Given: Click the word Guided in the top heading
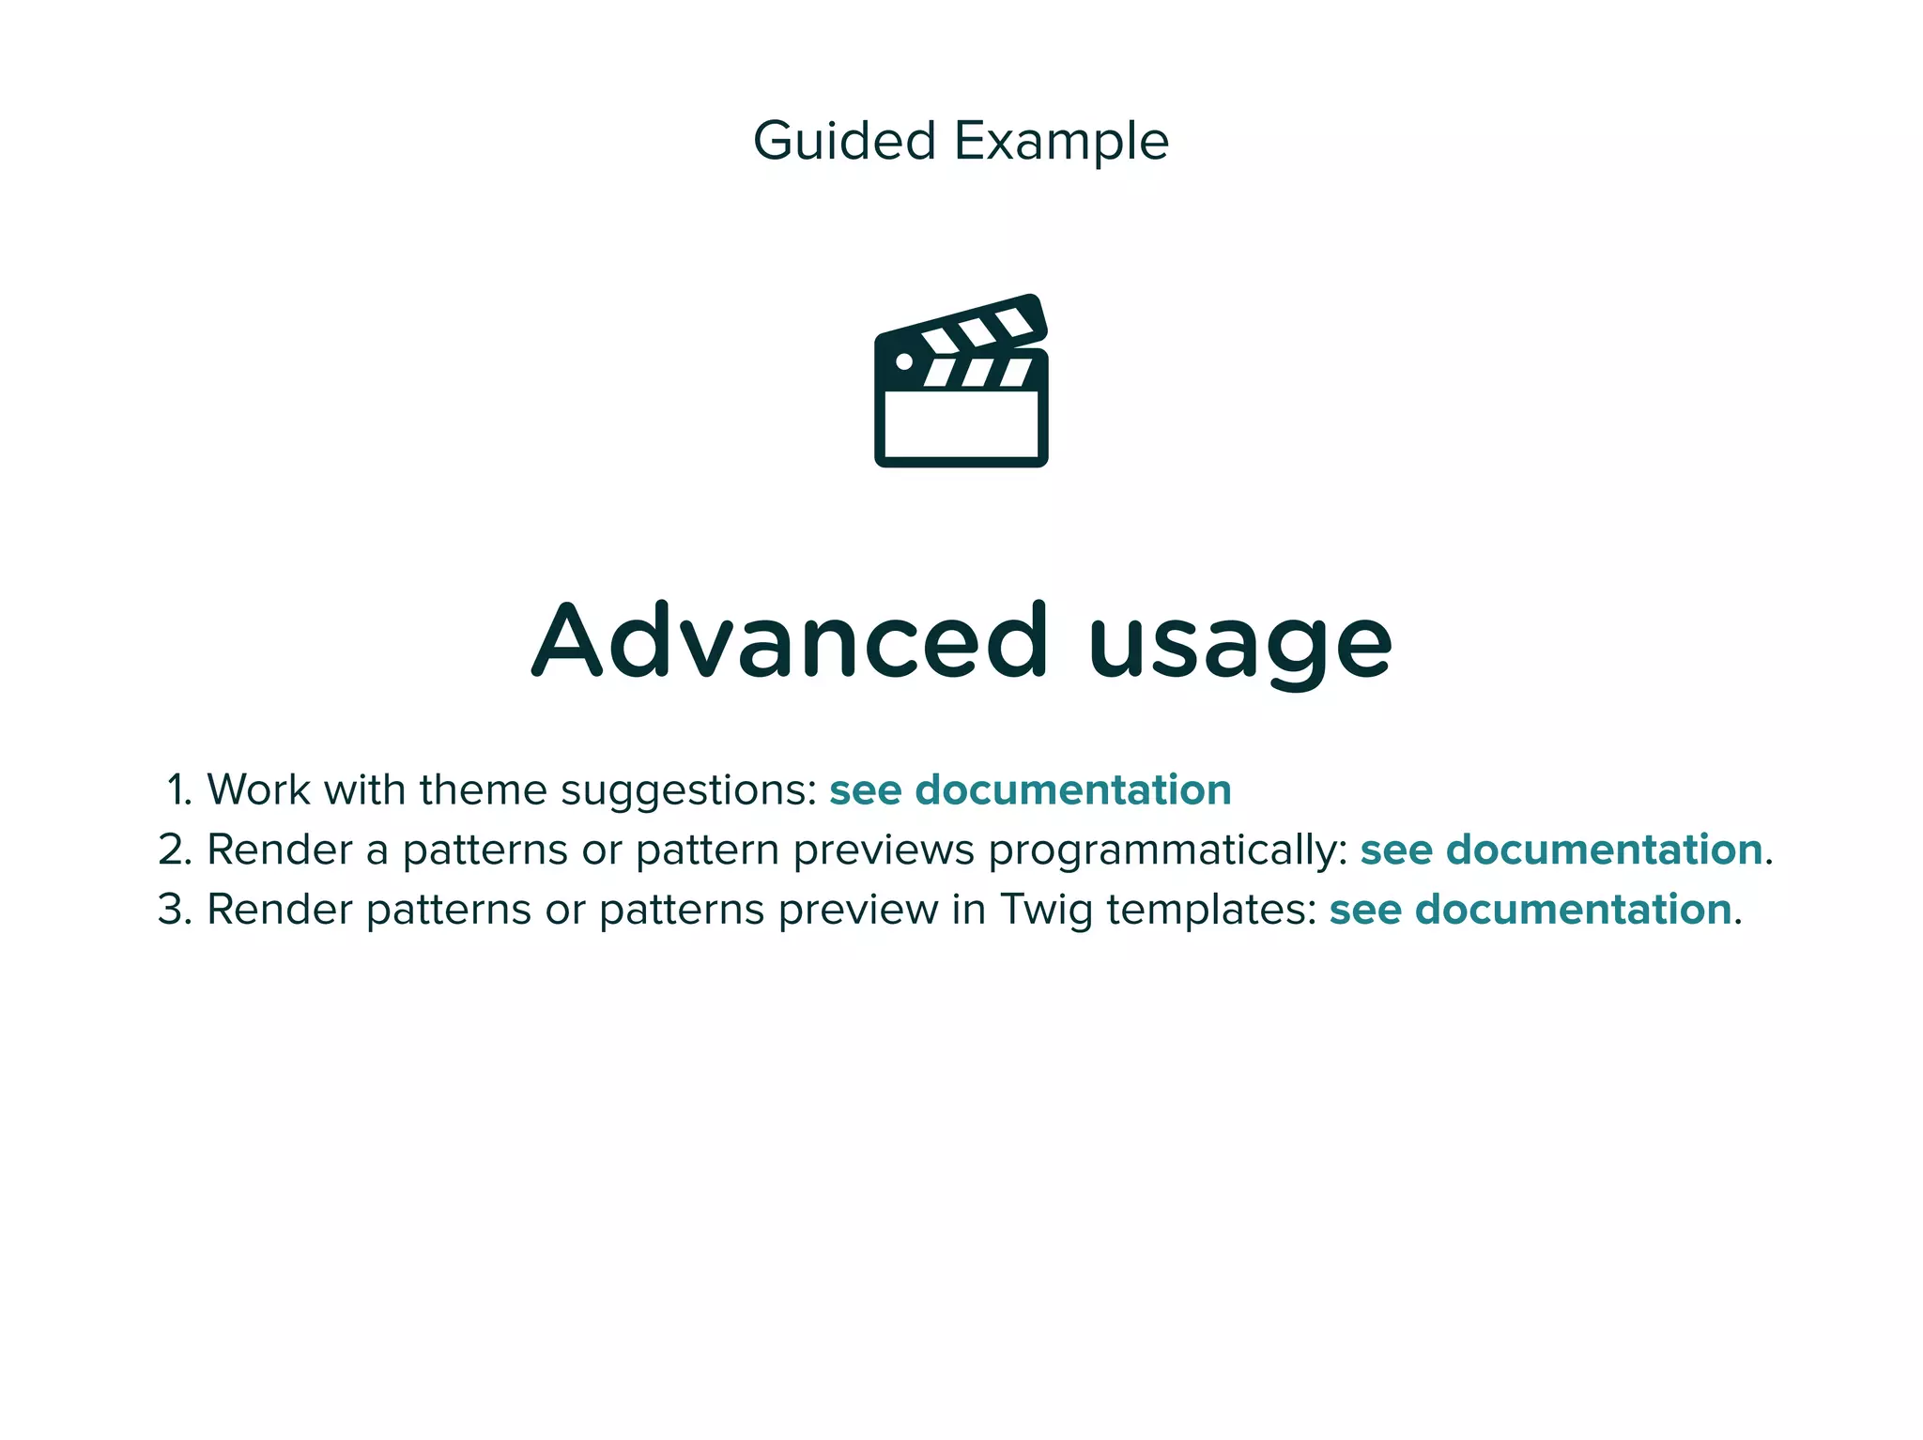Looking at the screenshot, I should (844, 141).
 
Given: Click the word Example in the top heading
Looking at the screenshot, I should (1061, 143).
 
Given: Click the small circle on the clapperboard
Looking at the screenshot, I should (904, 361).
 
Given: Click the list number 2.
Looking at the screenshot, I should (175, 850).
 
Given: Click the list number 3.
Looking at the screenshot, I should (175, 911).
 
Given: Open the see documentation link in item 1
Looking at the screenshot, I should (1030, 790).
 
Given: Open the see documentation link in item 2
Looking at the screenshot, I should (1561, 850).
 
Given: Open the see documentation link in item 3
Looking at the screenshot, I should (1530, 911).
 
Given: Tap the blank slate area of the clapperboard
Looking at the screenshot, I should (961, 424).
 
